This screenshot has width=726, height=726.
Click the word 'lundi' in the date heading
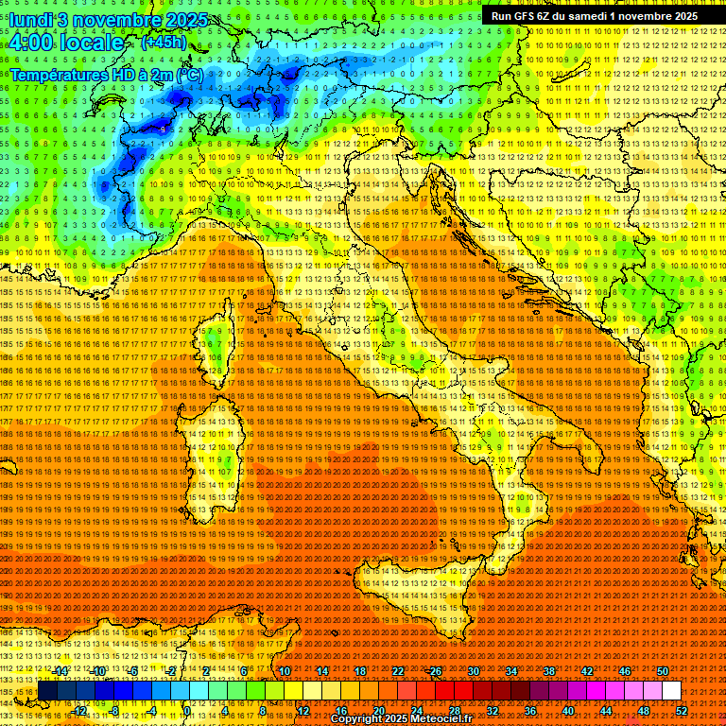(x=32, y=20)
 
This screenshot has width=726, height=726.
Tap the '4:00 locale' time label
(x=66, y=43)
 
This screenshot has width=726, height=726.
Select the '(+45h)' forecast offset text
(x=164, y=43)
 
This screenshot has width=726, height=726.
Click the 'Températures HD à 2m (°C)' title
(x=107, y=74)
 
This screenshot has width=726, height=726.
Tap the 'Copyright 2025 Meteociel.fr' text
(x=407, y=719)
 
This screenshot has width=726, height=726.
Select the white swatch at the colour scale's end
(x=671, y=691)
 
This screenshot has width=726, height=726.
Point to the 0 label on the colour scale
(x=187, y=710)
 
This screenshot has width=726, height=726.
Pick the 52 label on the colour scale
(x=682, y=710)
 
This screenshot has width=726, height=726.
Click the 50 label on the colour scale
(x=663, y=671)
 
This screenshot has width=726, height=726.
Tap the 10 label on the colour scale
(x=284, y=671)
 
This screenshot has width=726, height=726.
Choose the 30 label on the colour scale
(x=473, y=671)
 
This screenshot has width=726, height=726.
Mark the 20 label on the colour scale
(x=378, y=710)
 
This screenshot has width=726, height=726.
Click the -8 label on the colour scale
(x=114, y=710)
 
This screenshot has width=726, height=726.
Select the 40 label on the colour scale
(x=568, y=710)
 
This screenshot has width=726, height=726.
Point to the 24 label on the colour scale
(x=416, y=710)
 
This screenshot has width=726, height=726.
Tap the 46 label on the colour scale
(x=625, y=671)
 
